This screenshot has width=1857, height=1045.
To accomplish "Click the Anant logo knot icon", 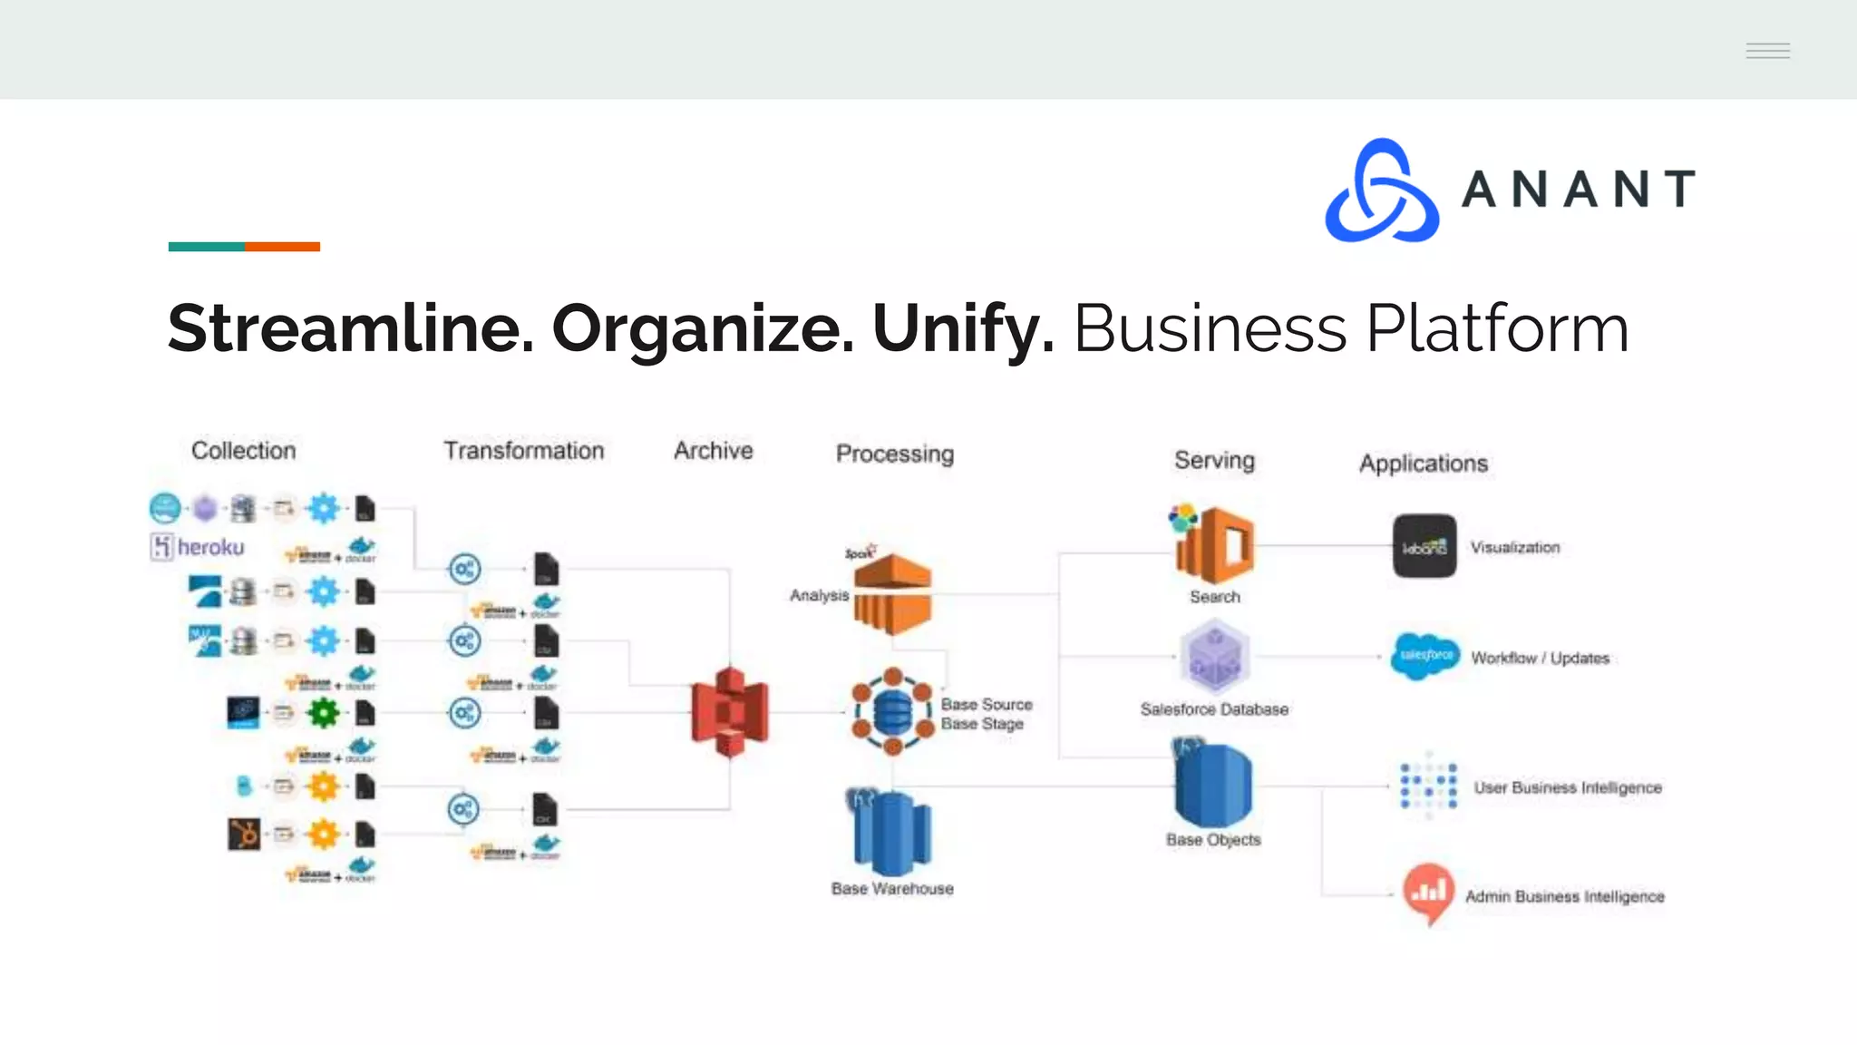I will click(1381, 191).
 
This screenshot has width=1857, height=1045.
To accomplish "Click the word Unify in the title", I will click(962, 328).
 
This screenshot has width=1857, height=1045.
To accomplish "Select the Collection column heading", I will click(243, 451).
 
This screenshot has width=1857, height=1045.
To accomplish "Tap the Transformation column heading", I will click(523, 451).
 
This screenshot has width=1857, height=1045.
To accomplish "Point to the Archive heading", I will click(713, 451).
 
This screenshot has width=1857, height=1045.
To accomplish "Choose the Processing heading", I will click(894, 454).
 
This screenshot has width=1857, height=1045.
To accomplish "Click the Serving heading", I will click(1214, 460).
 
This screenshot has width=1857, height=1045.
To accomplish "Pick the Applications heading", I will click(1423, 464).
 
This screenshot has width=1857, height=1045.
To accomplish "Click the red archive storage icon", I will click(730, 711).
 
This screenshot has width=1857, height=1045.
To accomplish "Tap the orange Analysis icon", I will click(892, 594).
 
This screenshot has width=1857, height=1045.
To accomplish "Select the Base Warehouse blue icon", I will click(891, 832).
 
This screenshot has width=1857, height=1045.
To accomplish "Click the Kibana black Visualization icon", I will click(1424, 546).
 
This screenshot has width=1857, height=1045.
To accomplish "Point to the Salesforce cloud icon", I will click(1425, 656).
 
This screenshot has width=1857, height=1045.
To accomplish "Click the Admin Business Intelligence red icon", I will click(1428, 893).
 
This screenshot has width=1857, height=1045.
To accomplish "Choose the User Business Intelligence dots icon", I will click(1428, 786).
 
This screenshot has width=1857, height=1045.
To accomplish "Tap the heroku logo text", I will click(210, 547).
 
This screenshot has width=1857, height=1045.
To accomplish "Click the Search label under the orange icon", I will click(1215, 597).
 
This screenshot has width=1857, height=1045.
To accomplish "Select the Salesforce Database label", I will click(1214, 709).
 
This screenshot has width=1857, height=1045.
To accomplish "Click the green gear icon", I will click(323, 713).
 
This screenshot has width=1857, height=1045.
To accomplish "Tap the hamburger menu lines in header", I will click(1767, 51).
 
